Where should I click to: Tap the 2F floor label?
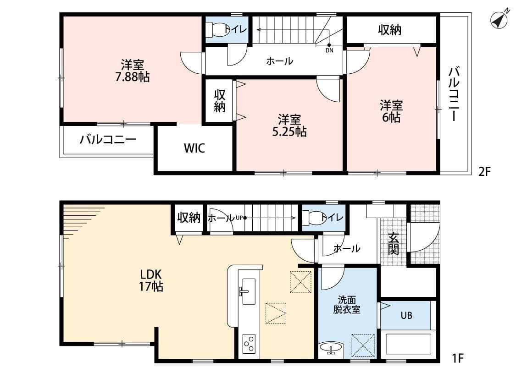(485, 172)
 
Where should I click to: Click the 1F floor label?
(457, 357)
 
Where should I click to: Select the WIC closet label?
(194, 148)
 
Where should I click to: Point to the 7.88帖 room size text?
(132, 77)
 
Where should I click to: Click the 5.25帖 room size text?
(289, 132)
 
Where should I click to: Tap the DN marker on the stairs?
(329, 50)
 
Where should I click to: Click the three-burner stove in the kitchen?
(249, 343)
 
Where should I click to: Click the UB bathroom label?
(406, 315)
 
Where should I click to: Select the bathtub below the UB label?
(408, 344)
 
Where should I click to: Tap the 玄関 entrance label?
(394, 244)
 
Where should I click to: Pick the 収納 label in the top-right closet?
(389, 30)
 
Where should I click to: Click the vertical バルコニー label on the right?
(454, 94)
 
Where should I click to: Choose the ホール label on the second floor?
(279, 60)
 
